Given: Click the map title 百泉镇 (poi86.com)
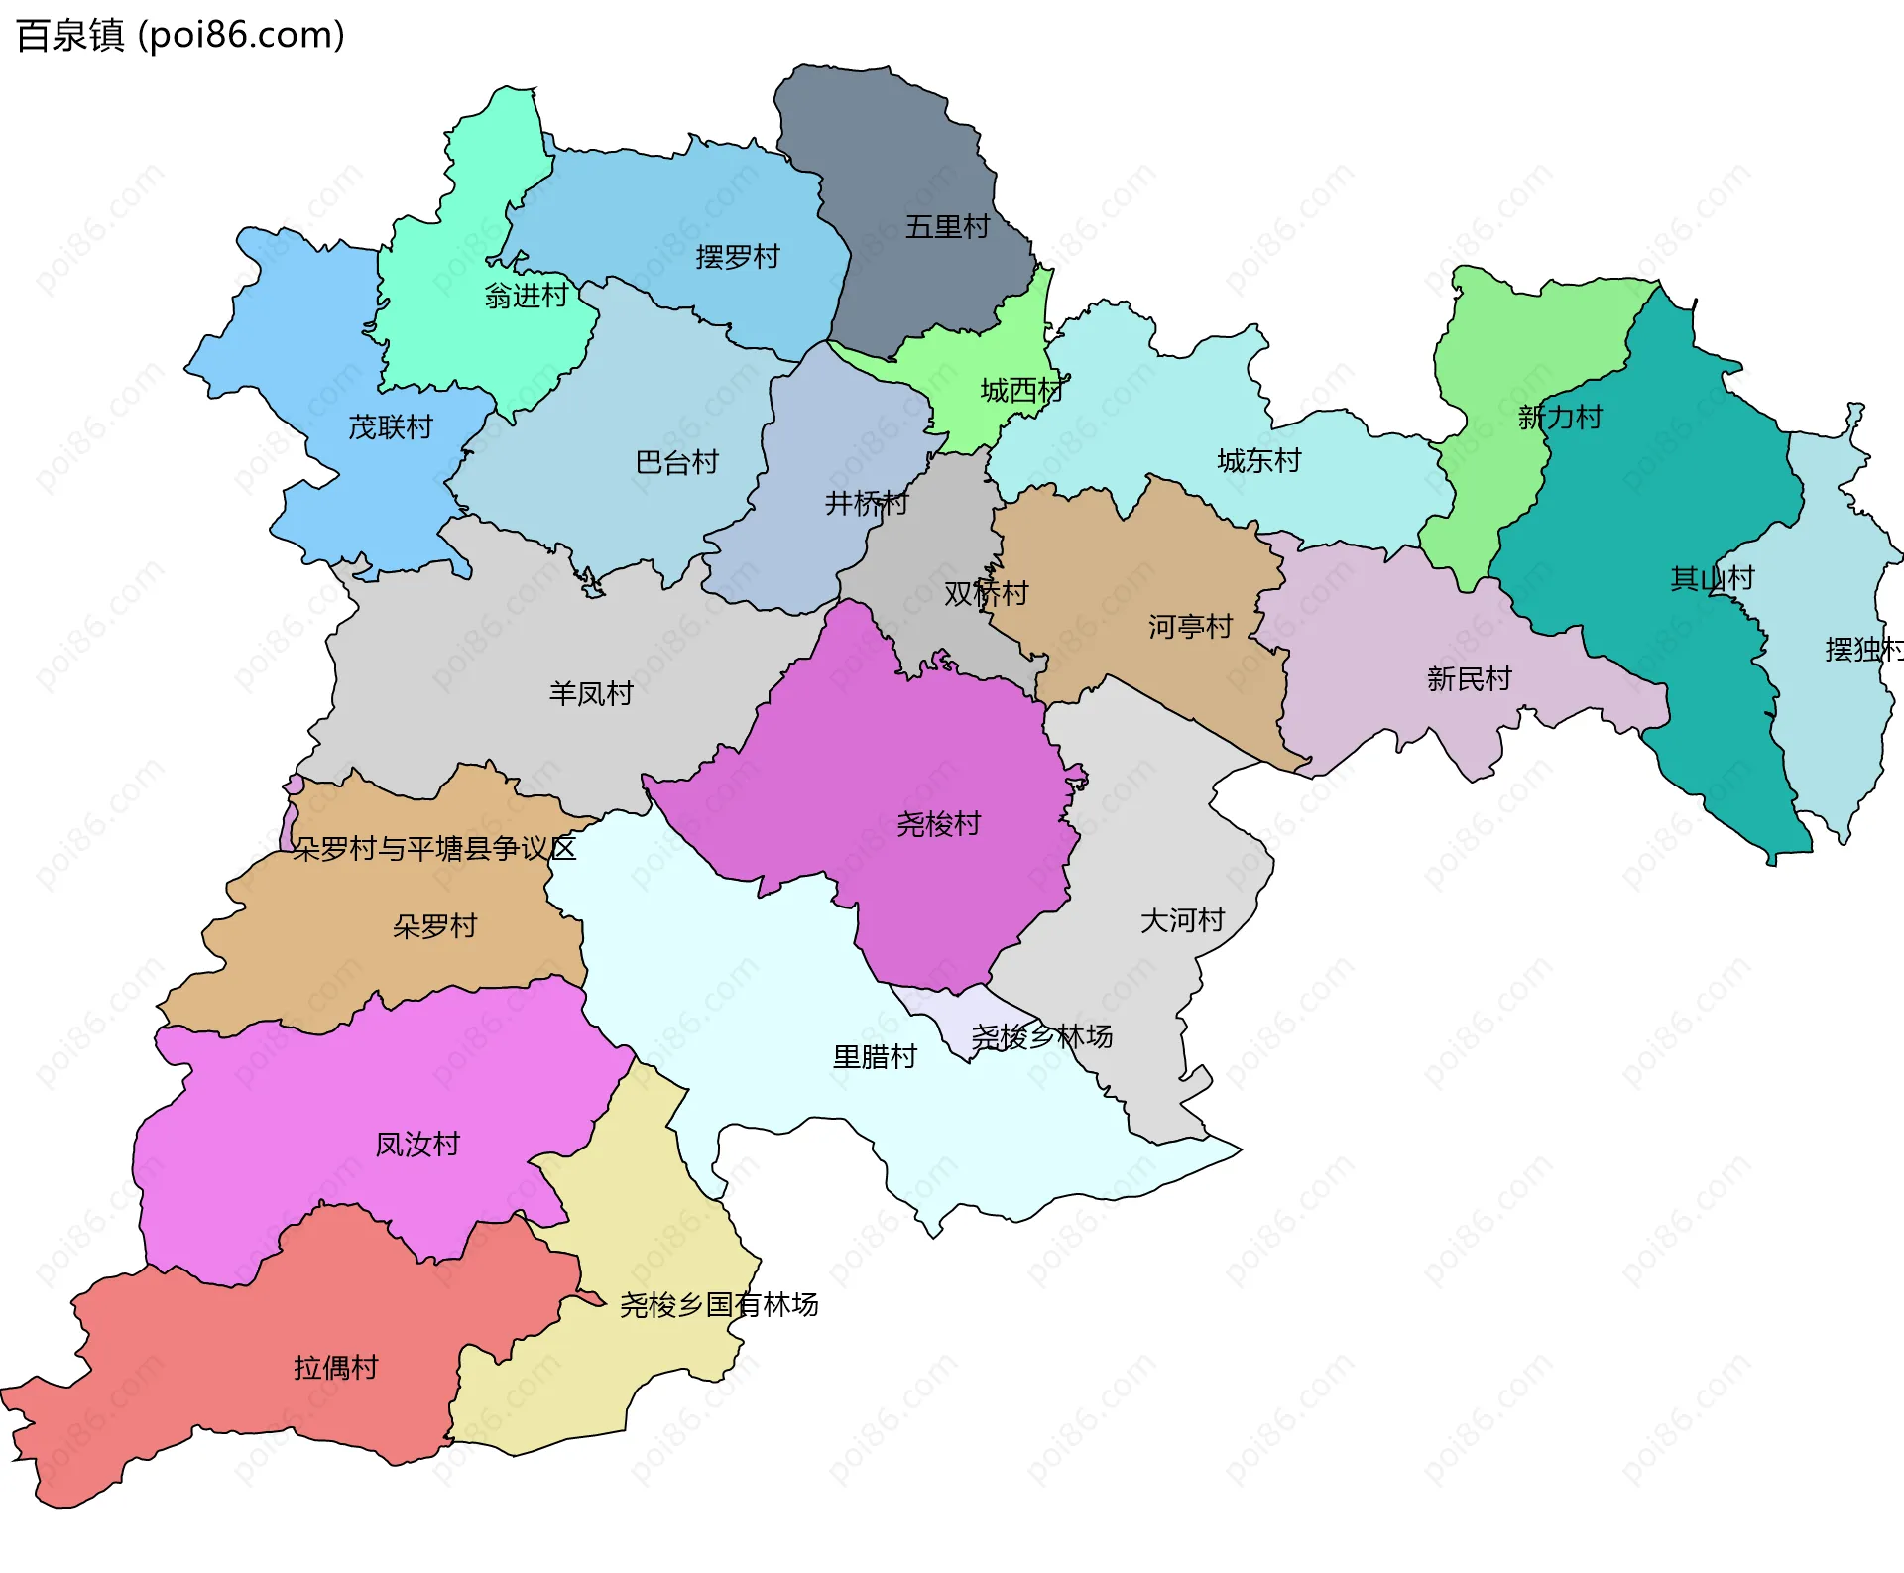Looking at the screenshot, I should click(180, 36).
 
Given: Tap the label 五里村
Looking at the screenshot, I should click(947, 227).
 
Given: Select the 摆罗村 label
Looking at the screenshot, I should click(737, 257).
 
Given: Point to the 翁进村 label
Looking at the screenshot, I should click(526, 296).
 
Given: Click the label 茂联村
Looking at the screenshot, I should click(391, 427).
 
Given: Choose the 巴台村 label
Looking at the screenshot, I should click(676, 462).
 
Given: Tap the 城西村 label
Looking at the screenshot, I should click(1021, 391).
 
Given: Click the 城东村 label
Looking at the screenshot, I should click(1258, 461).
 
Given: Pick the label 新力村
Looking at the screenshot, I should click(1560, 418).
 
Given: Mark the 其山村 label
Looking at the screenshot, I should click(1712, 578).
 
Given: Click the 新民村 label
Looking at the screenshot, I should click(1469, 679).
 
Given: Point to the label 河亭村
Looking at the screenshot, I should click(1190, 627).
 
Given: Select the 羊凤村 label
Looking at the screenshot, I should click(591, 693).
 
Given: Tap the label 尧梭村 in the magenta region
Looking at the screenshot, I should click(938, 824).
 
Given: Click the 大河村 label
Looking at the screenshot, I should click(1182, 920).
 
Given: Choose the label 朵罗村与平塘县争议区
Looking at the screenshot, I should click(434, 849).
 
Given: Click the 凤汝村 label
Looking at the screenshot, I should click(417, 1145).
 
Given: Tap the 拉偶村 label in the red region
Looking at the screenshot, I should click(336, 1368).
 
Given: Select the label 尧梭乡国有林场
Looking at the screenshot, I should click(719, 1305).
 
